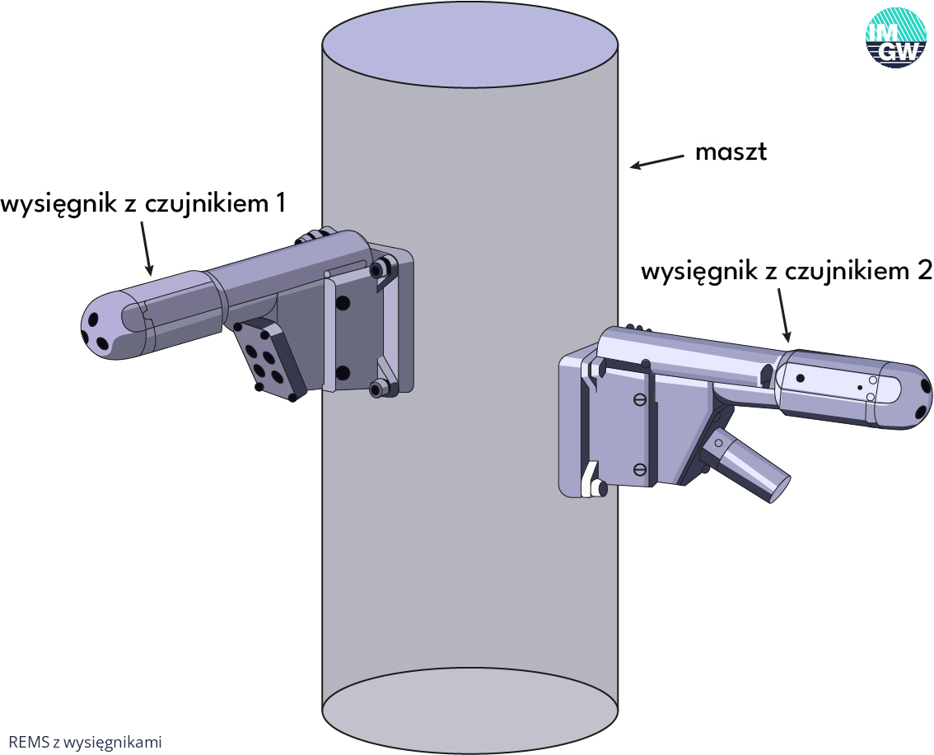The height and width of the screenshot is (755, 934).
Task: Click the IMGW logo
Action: click(895, 38)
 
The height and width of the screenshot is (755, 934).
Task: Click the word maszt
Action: click(731, 151)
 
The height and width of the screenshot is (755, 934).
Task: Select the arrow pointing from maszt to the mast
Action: click(657, 161)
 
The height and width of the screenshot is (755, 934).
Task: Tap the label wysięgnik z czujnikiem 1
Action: click(143, 204)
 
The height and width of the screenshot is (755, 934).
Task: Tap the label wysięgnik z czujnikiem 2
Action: click(787, 272)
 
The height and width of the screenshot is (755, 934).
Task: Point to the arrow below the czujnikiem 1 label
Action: click(147, 249)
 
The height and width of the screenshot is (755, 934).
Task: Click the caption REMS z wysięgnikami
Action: click(85, 742)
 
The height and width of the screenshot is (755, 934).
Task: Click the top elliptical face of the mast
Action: click(470, 44)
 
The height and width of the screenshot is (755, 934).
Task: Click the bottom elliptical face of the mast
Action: click(470, 711)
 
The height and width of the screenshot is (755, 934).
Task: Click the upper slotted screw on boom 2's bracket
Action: click(640, 400)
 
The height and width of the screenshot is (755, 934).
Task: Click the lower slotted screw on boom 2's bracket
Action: click(640, 470)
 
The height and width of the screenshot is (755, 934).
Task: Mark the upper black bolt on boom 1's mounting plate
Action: click(343, 302)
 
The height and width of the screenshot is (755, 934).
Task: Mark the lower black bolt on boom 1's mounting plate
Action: click(343, 373)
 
